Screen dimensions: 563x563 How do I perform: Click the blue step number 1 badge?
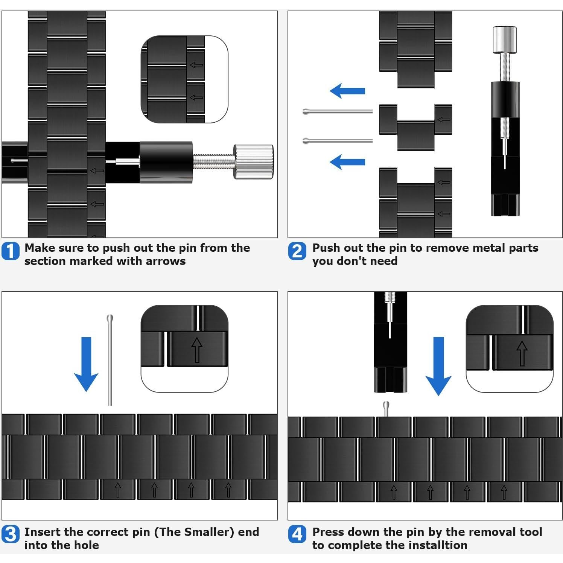point(11,251)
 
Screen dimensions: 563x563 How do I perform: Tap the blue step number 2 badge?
point(297,251)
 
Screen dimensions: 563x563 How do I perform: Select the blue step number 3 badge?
point(11,534)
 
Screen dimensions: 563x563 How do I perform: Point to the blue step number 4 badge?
point(297,534)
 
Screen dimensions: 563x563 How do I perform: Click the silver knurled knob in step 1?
point(253,161)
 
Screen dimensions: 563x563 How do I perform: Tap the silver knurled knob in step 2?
point(505,40)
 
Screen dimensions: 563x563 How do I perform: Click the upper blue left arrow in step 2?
point(347,91)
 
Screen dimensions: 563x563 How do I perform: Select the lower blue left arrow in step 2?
point(347,162)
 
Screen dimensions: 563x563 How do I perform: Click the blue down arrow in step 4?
point(438,366)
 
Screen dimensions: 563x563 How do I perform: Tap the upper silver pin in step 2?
point(338,111)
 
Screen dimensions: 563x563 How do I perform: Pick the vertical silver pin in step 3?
point(110,360)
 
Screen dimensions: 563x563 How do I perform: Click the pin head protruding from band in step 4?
point(386,409)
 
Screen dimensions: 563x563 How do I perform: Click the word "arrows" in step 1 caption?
point(166,261)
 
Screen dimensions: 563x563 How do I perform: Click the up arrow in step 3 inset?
point(197,350)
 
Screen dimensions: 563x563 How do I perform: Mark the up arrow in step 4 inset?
point(522,353)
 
